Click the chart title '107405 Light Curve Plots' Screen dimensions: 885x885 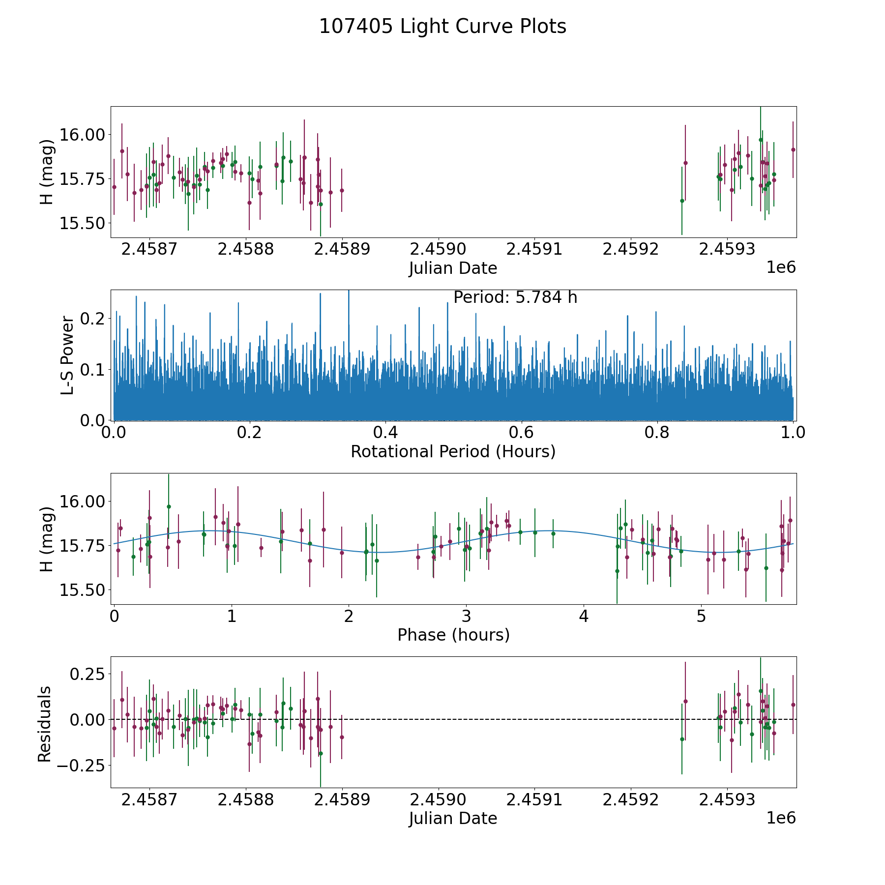coord(442,27)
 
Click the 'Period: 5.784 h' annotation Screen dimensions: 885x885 coord(515,297)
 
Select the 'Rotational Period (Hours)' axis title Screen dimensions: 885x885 coord(453,451)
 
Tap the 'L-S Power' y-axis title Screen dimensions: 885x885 coord(67,355)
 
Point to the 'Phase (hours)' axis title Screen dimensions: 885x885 coord(453,635)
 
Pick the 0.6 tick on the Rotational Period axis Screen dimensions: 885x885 coord(521,433)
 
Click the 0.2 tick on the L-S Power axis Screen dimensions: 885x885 coord(93,319)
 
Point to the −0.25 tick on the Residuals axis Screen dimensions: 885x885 coord(82,766)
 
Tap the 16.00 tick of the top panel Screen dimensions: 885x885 coord(83,135)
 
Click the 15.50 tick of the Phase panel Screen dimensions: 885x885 coord(83,590)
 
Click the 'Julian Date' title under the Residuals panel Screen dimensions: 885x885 coord(453,818)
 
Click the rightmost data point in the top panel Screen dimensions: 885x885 coord(793,149)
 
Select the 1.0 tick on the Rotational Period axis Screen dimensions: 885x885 coord(793,433)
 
